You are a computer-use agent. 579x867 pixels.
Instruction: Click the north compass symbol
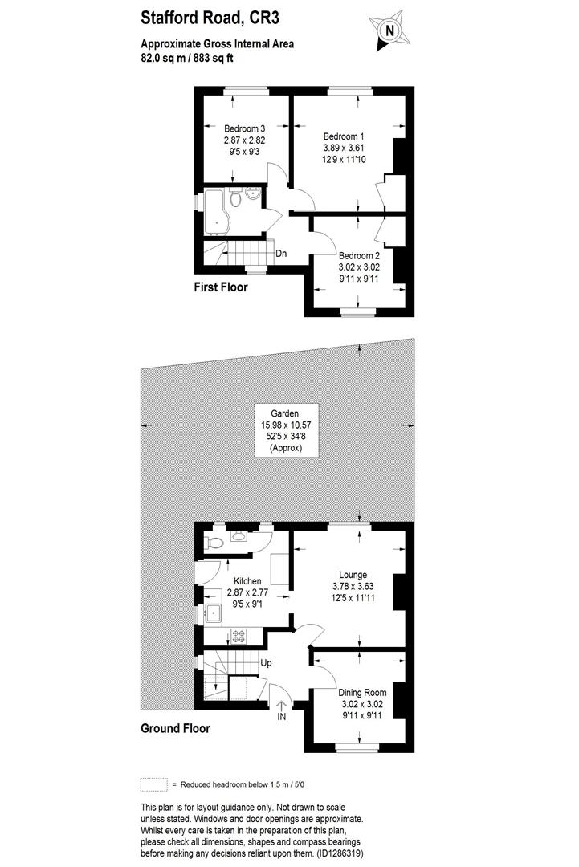pos(390,31)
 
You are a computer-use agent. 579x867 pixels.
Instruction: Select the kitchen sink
pos(214,614)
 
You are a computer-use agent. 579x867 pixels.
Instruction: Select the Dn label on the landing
pos(281,254)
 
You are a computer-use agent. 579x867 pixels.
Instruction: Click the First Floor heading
pos(220,287)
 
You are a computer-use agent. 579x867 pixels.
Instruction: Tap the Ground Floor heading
pos(175,729)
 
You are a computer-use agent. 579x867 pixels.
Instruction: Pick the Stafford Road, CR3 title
pos(210,15)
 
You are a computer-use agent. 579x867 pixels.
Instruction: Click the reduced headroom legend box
pos(153,784)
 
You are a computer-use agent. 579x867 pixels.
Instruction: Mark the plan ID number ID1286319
pos(341,854)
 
